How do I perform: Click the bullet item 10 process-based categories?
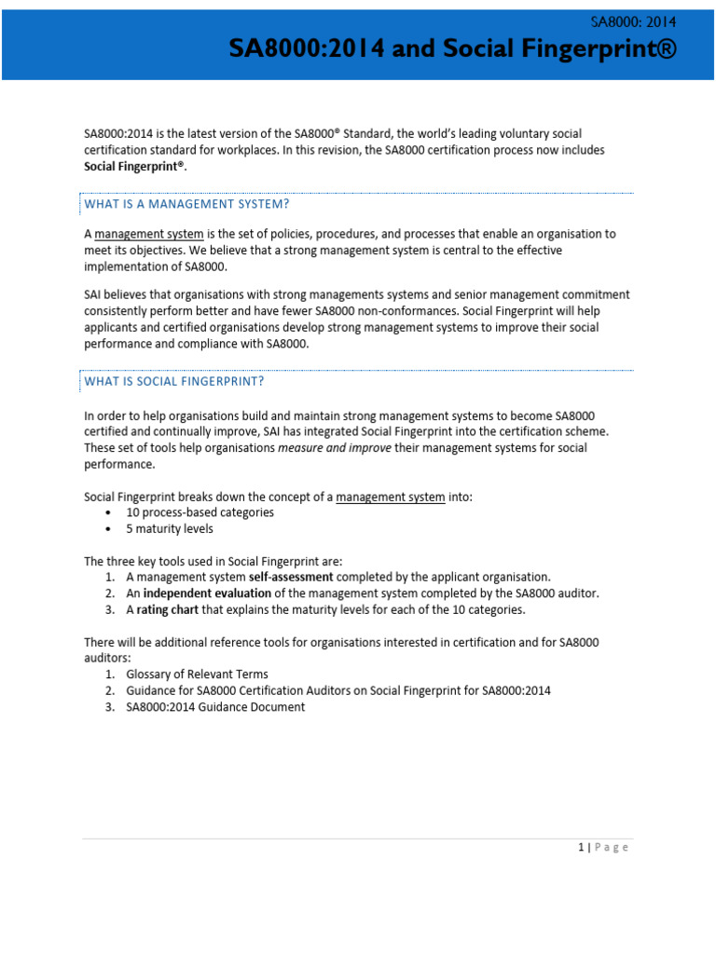200,512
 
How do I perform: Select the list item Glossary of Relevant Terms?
197,675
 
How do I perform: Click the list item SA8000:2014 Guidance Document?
215,707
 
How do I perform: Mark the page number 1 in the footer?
580,847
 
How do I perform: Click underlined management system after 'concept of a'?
390,497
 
